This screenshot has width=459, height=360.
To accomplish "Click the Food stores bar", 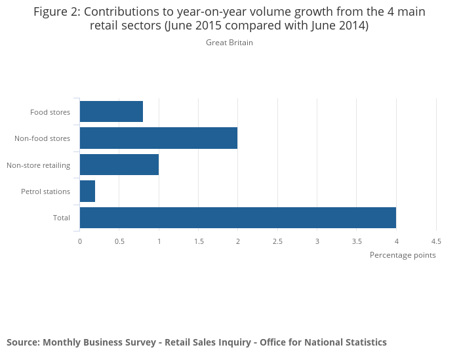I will tap(111, 111).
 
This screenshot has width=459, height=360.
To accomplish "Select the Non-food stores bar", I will tap(158, 138).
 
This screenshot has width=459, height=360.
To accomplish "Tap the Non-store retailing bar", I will tap(119, 165).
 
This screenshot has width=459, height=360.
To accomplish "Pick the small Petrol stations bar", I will tap(87, 191).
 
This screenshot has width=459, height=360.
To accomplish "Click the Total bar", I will tap(237, 217).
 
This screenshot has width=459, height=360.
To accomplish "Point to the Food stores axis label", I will tap(50, 112).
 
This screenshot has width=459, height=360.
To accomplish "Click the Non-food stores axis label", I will tap(42, 138).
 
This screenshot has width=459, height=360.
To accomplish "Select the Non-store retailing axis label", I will tap(38, 165).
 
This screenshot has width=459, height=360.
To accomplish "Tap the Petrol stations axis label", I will tap(45, 191).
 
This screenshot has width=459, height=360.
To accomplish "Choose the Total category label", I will tap(62, 218).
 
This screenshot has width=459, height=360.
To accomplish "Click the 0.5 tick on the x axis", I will tap(119, 241).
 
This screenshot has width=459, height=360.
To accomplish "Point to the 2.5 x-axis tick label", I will tap(277, 241).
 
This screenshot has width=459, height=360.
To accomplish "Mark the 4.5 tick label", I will tap(436, 241).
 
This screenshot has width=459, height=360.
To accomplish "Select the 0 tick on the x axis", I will tap(80, 241).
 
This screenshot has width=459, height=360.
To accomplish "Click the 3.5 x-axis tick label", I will tap(357, 241).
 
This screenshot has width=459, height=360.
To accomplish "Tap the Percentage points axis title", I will tap(403, 255).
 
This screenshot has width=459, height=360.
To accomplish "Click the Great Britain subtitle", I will tap(229, 43).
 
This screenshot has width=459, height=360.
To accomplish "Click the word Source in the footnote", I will tap(23, 342).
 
